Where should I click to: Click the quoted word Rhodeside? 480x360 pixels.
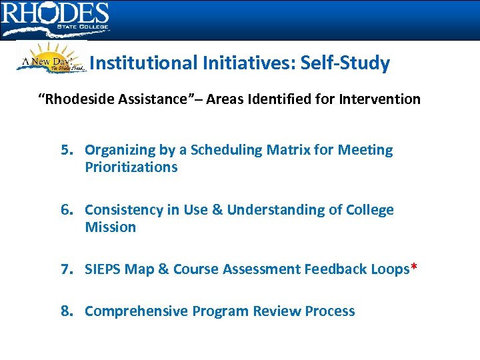[80, 99]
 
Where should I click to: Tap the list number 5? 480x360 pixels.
[67, 150]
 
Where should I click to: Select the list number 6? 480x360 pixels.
[67, 210]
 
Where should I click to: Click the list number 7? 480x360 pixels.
[67, 269]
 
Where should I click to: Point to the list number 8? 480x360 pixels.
[67, 311]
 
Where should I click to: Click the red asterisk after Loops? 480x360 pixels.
[414, 268]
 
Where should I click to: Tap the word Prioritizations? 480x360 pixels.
[131, 167]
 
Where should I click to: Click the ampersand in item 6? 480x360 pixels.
[218, 210]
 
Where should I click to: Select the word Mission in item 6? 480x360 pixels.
[110, 227]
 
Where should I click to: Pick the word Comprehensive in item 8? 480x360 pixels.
[137, 311]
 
